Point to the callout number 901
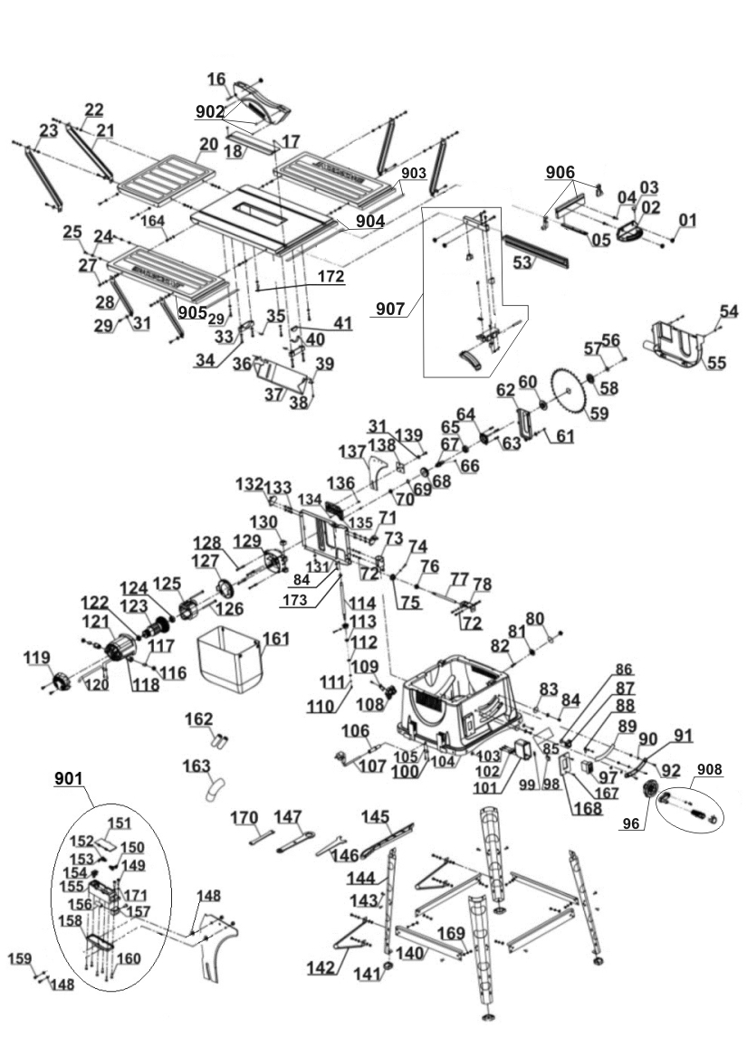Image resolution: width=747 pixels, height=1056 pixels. tap(68, 778)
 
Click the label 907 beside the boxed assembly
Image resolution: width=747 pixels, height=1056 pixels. tap(391, 309)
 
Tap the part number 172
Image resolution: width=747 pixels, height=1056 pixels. tap(330, 277)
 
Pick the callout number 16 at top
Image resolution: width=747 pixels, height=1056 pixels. tap(215, 80)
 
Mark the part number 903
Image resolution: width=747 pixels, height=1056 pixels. tap(414, 173)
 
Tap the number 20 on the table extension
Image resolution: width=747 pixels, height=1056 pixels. tap(209, 145)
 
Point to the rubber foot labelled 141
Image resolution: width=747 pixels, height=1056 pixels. tap(388, 970)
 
